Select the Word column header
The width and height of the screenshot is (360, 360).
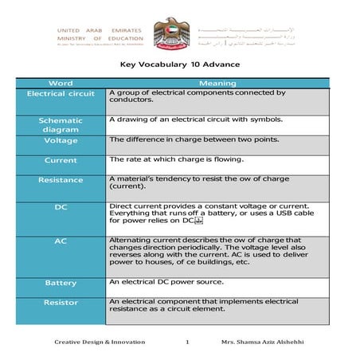(x=61, y=83)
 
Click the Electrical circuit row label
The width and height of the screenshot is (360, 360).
(x=61, y=94)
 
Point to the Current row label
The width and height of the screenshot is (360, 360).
(x=61, y=161)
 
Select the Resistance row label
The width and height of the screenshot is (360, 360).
(x=61, y=180)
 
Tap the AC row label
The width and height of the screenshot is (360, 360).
(x=61, y=240)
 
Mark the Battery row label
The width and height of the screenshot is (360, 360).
(x=61, y=283)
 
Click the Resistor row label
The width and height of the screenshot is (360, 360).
(x=61, y=303)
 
